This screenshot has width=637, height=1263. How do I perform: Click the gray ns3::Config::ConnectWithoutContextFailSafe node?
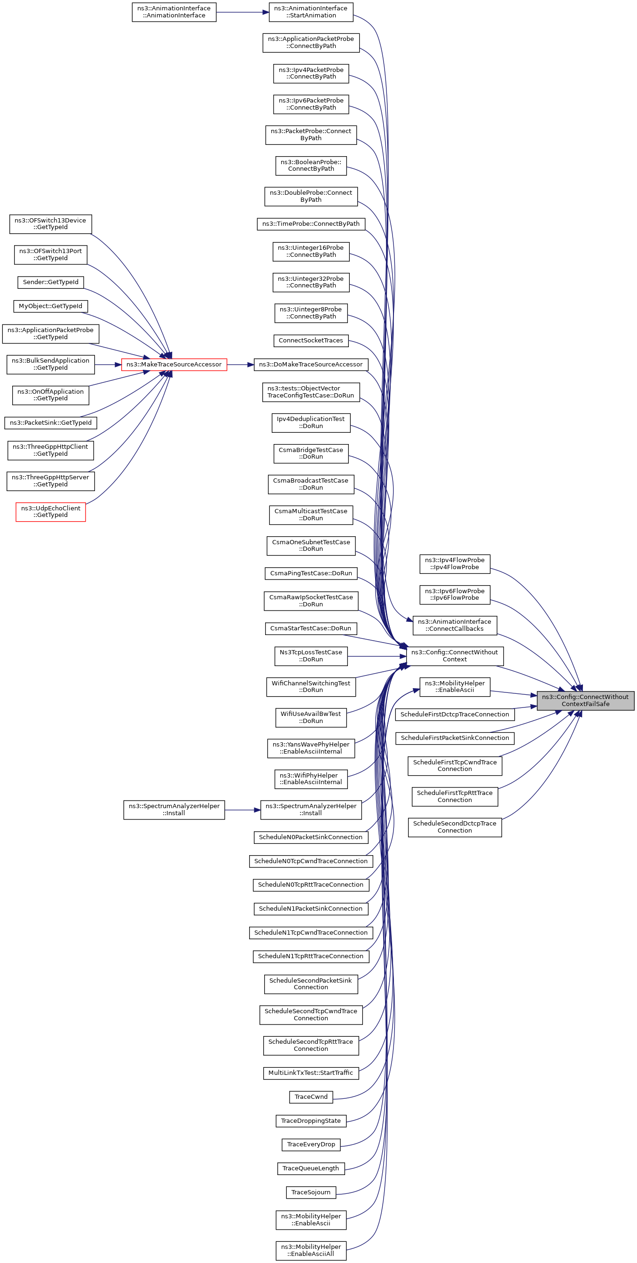(x=586, y=700)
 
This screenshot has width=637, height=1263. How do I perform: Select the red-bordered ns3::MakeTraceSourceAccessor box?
(x=174, y=364)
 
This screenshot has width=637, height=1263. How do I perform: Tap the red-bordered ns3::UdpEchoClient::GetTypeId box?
(x=50, y=511)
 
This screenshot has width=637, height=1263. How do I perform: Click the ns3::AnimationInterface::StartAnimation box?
(x=311, y=12)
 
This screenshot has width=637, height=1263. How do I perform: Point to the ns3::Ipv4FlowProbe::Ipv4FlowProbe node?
(x=455, y=564)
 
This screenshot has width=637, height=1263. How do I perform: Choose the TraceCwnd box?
(x=311, y=1096)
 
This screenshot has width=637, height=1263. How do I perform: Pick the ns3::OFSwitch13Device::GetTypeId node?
(x=50, y=223)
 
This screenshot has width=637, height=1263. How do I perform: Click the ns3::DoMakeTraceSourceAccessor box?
(x=311, y=364)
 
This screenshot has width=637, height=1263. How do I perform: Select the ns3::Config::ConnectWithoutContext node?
(x=455, y=656)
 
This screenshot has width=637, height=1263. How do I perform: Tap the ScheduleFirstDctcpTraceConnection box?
(x=455, y=714)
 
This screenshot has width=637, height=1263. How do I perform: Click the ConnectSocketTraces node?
(x=311, y=340)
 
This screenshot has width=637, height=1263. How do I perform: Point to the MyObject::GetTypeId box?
(x=50, y=306)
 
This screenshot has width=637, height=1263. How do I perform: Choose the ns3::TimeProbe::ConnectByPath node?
(x=311, y=223)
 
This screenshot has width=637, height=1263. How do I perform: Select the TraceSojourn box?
(x=311, y=1192)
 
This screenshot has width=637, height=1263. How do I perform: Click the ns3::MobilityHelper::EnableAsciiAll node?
(x=311, y=1250)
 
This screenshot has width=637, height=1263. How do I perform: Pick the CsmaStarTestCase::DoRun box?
(x=311, y=628)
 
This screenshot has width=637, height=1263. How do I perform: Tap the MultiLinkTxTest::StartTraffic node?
(x=311, y=1072)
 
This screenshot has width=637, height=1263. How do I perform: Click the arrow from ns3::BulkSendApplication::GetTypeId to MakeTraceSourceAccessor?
(x=108, y=365)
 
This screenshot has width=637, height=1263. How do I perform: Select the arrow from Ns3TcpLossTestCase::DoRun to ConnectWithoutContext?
(x=377, y=656)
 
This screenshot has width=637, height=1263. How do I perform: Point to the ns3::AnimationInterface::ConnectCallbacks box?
(x=455, y=625)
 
